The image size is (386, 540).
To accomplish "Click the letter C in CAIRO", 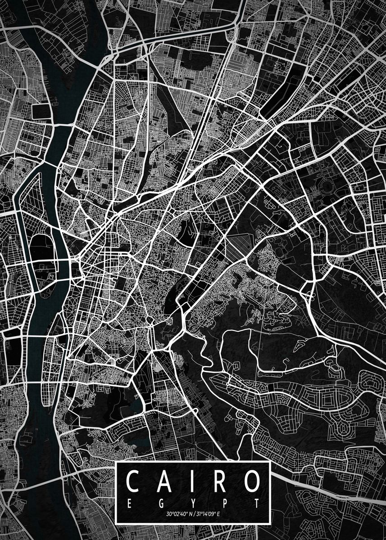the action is click(134, 481).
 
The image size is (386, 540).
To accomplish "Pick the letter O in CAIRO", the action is click(248, 481).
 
